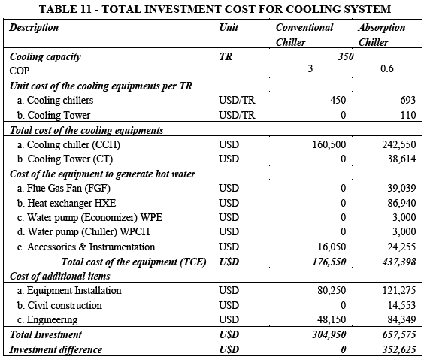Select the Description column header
[34, 28]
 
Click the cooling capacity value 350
[346, 56]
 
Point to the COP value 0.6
[387, 68]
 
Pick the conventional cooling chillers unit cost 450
[338, 100]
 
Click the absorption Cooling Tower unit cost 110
[408, 115]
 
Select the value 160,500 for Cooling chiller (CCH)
[329, 144]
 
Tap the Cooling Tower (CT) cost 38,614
[401, 159]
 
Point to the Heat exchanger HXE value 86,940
[401, 203]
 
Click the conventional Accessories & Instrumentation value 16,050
[332, 247]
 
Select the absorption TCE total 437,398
[399, 262]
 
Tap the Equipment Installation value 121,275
[399, 290]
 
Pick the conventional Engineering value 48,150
[332, 319]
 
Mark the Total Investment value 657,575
[399, 334]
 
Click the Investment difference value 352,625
[399, 349]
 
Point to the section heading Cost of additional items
[60, 276]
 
